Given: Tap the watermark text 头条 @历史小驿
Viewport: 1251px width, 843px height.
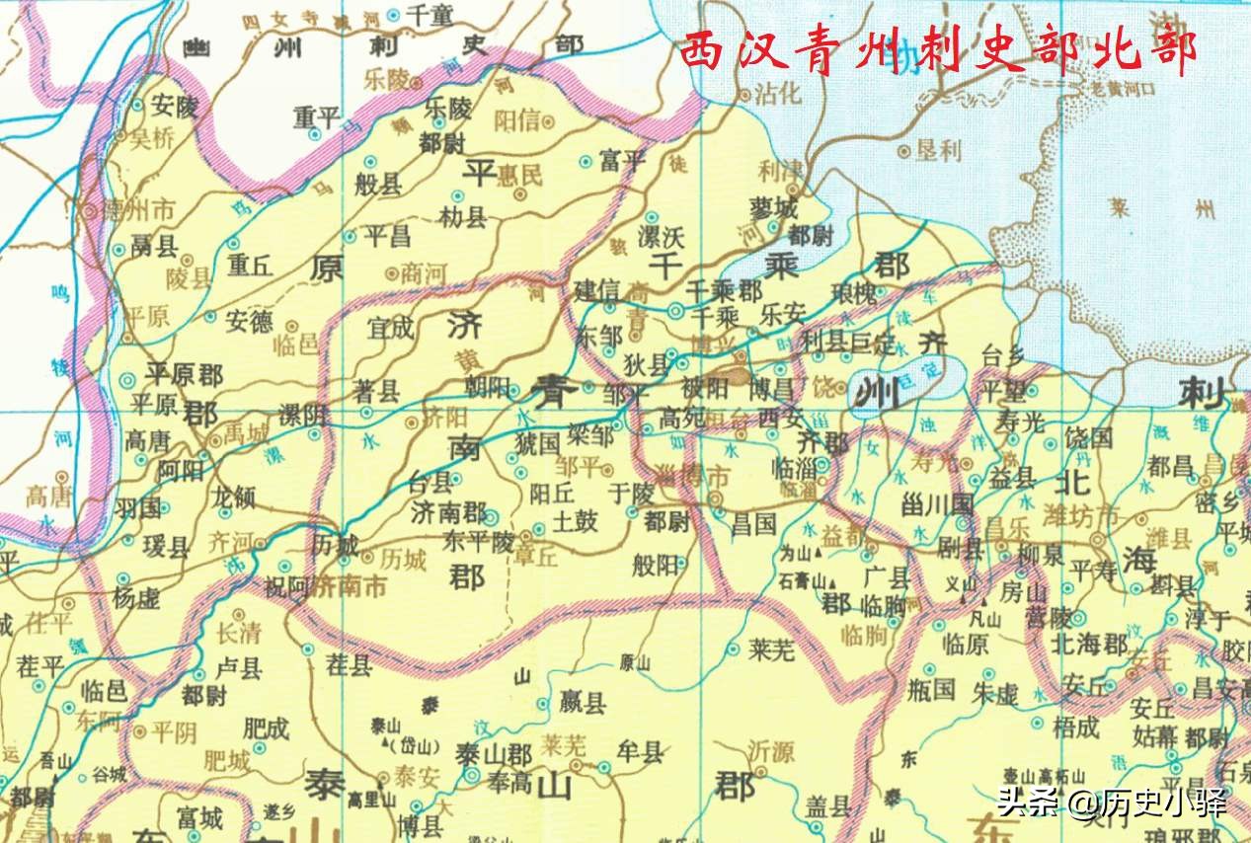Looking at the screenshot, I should (x=1111, y=803).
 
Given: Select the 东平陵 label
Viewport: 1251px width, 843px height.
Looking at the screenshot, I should (x=478, y=541).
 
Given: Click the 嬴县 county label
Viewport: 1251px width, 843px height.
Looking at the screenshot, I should (x=583, y=704).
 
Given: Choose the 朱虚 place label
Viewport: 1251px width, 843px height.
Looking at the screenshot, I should (x=994, y=694).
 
